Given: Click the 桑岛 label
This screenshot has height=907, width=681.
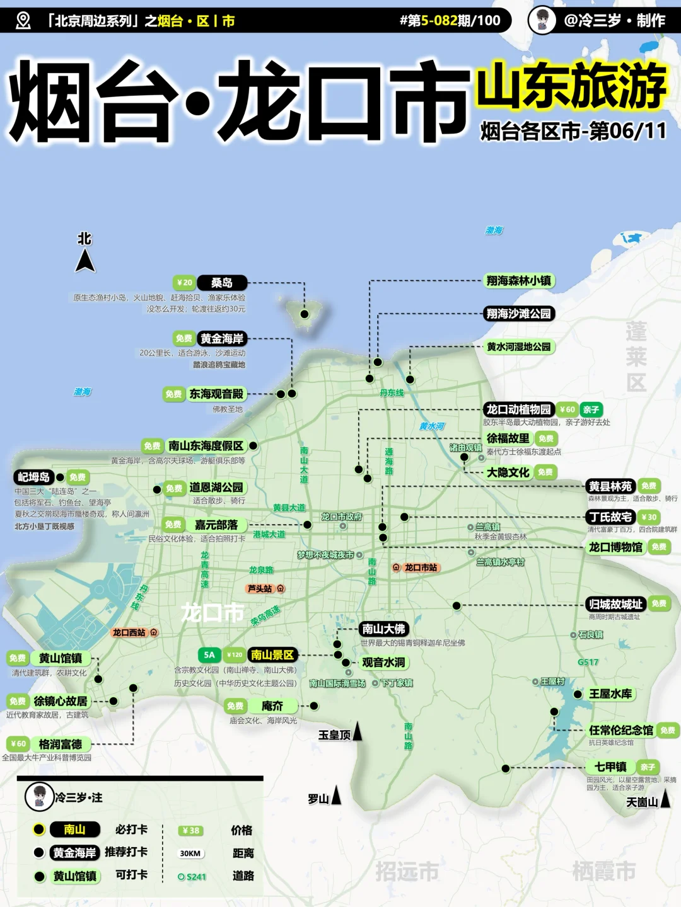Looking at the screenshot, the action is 222,283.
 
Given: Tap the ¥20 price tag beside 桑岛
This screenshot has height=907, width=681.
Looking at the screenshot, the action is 184,283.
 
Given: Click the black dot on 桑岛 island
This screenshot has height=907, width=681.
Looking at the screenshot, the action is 305,314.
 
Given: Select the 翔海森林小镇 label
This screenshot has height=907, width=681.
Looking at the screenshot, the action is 518,281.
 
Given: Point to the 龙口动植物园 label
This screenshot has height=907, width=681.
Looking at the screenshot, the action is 518,409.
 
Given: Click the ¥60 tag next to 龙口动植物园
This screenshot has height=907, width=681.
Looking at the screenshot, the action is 567,409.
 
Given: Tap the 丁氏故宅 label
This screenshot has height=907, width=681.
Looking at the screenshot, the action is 610,517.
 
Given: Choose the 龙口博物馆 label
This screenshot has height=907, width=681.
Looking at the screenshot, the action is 615,547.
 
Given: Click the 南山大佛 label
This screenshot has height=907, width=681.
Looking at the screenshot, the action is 383,629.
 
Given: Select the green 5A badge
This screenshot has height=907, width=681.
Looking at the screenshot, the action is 209,655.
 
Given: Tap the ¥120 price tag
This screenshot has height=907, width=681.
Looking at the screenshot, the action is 235,655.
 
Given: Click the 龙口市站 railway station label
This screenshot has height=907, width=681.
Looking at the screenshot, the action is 421,568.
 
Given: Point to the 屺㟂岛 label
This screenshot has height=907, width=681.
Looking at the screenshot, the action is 33,477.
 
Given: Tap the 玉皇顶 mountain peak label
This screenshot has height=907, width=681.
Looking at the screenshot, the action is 334,735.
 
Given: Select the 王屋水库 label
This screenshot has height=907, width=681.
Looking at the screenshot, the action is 610,693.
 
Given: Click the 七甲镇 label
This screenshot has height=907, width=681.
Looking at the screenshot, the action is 610,767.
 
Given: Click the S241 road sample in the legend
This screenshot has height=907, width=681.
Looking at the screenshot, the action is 192,877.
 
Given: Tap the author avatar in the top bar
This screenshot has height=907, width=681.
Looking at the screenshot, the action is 542,20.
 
